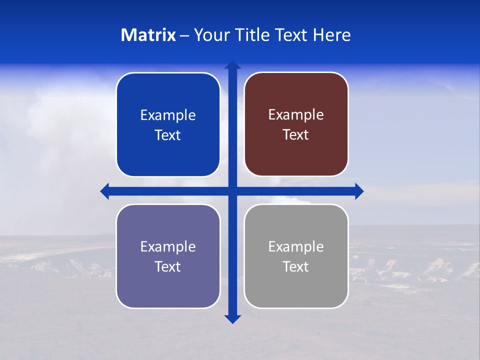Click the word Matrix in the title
(148, 35)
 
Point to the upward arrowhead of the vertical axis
(232, 65)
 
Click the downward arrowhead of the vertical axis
(232, 319)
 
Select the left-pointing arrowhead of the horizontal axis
(105, 191)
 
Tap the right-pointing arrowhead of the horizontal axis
(359, 191)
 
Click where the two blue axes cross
(232, 191)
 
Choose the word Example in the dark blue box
(168, 115)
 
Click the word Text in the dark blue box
(168, 135)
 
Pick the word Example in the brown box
(296, 115)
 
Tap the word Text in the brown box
(296, 135)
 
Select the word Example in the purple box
(168, 247)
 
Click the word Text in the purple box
(168, 267)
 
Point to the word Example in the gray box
(296, 247)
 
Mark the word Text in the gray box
(296, 267)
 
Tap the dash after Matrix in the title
(184, 35)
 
